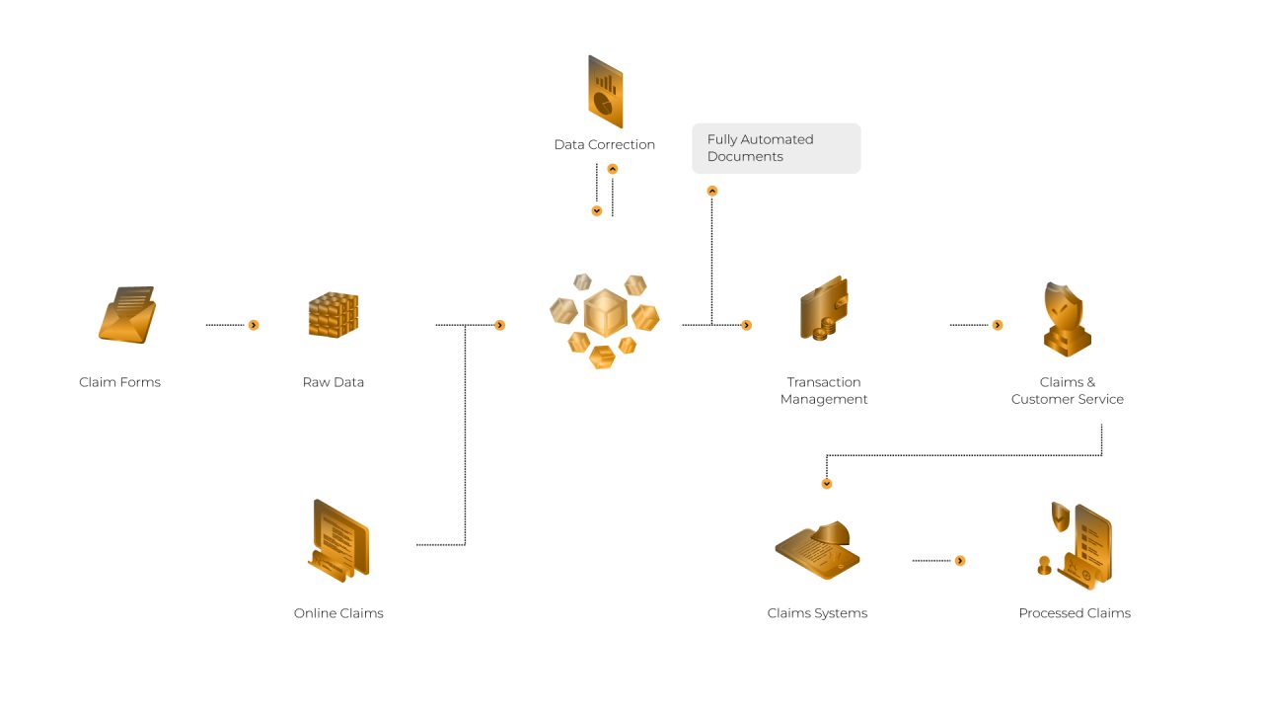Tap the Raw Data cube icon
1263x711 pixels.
pyautogui.click(x=333, y=316)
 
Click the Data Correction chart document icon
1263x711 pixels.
pyautogui.click(x=605, y=91)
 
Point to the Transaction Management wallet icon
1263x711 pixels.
pyautogui.click(x=823, y=308)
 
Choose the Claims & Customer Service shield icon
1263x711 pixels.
pyautogui.click(x=1067, y=318)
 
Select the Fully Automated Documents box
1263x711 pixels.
pyautogui.click(x=776, y=148)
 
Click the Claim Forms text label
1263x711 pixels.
pyautogui.click(x=119, y=382)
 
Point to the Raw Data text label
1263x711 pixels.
pyautogui.click(x=334, y=382)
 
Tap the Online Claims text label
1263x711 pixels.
pyautogui.click(x=338, y=613)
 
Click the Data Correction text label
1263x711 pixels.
pyautogui.click(x=605, y=145)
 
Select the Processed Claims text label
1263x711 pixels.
pyautogui.click(x=1075, y=613)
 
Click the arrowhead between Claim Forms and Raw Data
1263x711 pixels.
pyautogui.click(x=254, y=325)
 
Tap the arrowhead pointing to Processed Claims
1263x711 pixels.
pyautogui.click(x=960, y=561)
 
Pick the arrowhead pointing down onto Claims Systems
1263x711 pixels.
pyautogui.click(x=827, y=484)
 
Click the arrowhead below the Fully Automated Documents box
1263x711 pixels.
pyautogui.click(x=712, y=192)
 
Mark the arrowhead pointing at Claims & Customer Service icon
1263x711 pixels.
pyautogui.click(x=998, y=325)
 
